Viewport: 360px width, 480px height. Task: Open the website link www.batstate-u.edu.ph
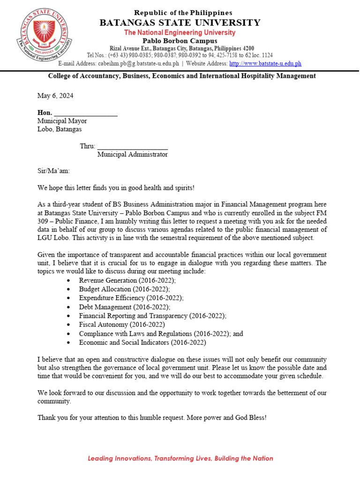click(x=265, y=63)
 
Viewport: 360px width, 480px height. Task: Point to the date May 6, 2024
click(x=55, y=96)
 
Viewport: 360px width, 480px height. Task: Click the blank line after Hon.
click(x=86, y=113)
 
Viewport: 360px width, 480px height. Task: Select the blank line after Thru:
click(x=132, y=146)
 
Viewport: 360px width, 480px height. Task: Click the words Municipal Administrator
click(x=132, y=154)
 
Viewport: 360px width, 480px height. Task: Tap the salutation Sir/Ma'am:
click(x=53, y=171)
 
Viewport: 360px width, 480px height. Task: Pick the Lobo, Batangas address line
click(x=60, y=129)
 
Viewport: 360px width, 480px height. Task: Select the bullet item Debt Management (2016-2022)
click(x=125, y=307)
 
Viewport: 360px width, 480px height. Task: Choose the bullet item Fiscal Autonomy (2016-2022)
click(x=122, y=324)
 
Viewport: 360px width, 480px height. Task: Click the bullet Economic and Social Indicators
click(x=142, y=343)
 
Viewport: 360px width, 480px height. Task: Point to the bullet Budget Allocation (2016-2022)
click(x=124, y=289)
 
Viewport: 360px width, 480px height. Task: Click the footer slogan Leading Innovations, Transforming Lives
click(x=180, y=458)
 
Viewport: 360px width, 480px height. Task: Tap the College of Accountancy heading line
click(x=182, y=76)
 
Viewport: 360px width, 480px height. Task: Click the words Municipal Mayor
click(x=62, y=121)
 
